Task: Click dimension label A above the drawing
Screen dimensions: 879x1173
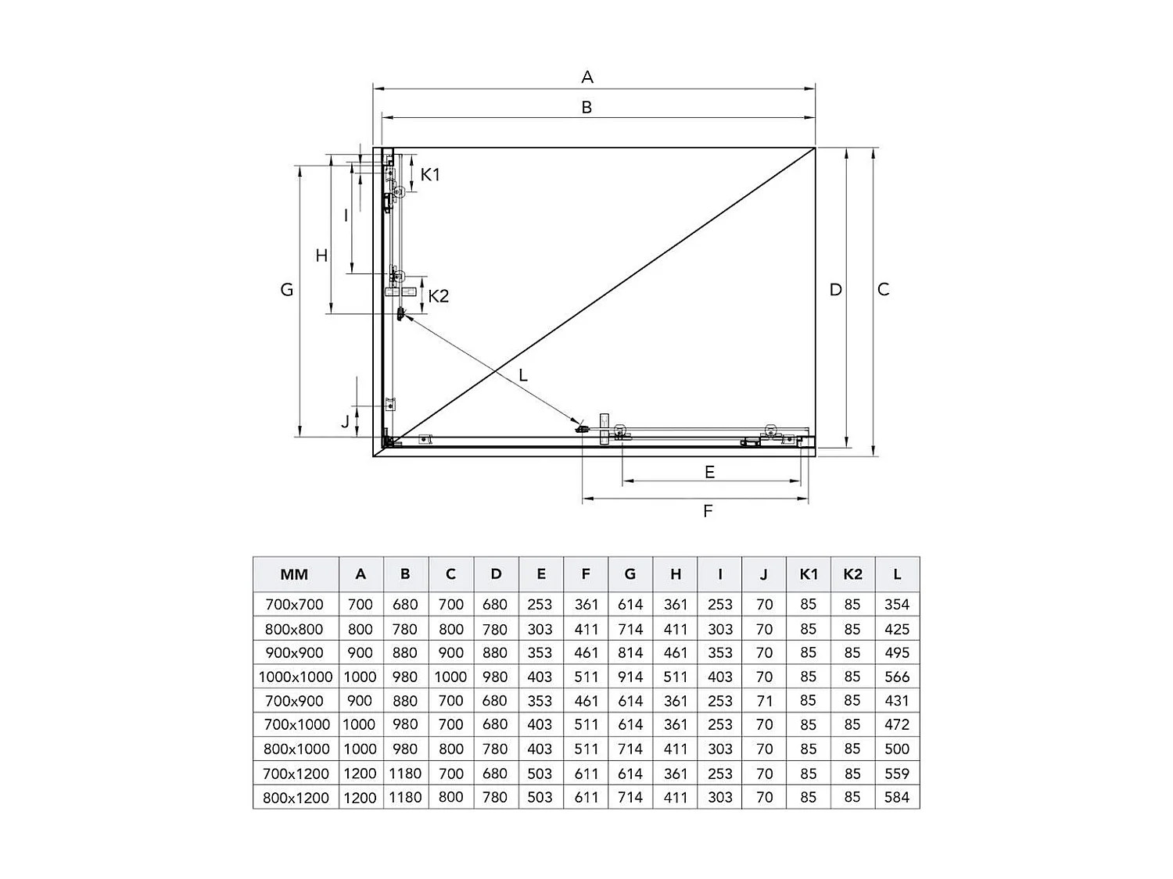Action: (x=587, y=77)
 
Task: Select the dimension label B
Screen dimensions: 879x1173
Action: (x=586, y=107)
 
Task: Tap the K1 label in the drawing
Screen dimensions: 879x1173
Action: (x=430, y=174)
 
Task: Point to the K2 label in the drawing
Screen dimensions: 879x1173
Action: (x=438, y=296)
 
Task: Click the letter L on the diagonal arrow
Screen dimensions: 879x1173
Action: (x=523, y=375)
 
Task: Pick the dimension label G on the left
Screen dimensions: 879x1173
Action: (x=287, y=289)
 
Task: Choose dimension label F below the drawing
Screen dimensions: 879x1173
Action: (x=708, y=511)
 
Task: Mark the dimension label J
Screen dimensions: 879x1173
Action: (x=345, y=422)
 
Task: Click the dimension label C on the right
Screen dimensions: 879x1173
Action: (x=883, y=289)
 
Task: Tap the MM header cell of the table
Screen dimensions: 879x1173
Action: (x=295, y=574)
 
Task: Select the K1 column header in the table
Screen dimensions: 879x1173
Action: (x=809, y=574)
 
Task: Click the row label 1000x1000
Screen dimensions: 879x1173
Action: (x=296, y=677)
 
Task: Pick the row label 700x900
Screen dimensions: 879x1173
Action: (x=295, y=701)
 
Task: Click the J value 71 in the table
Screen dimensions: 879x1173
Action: (x=765, y=701)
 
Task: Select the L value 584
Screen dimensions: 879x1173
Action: (x=897, y=798)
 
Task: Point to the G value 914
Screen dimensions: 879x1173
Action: (x=630, y=677)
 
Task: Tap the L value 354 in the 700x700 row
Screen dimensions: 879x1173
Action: (x=897, y=604)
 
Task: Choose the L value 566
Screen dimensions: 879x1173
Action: (x=897, y=677)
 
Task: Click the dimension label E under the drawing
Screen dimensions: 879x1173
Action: (x=709, y=472)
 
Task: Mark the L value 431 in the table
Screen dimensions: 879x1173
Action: (x=897, y=701)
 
